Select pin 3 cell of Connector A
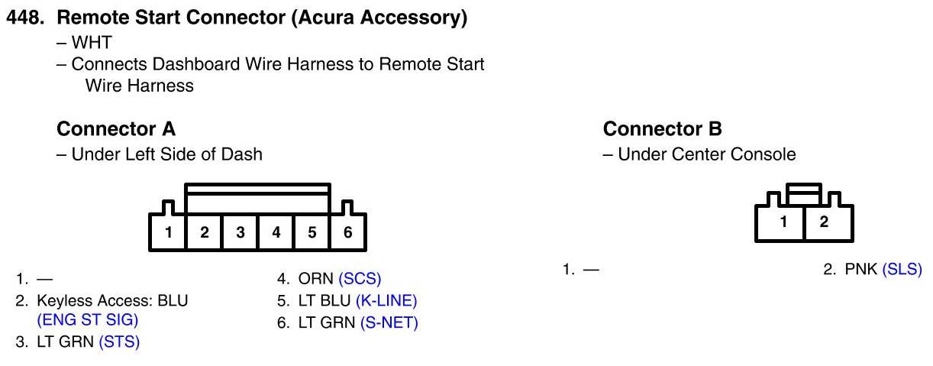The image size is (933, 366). coord(240,233)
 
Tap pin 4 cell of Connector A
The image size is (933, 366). coord(276,233)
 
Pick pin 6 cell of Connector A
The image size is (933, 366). coord(348,233)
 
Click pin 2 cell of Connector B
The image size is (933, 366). coord(824,222)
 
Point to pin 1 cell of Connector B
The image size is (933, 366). coord(783,222)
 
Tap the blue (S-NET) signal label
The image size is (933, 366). coord(389,322)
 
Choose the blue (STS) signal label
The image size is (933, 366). coord(120,342)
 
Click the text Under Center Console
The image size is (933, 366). coord(706,154)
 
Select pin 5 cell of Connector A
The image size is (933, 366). coord(312,233)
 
